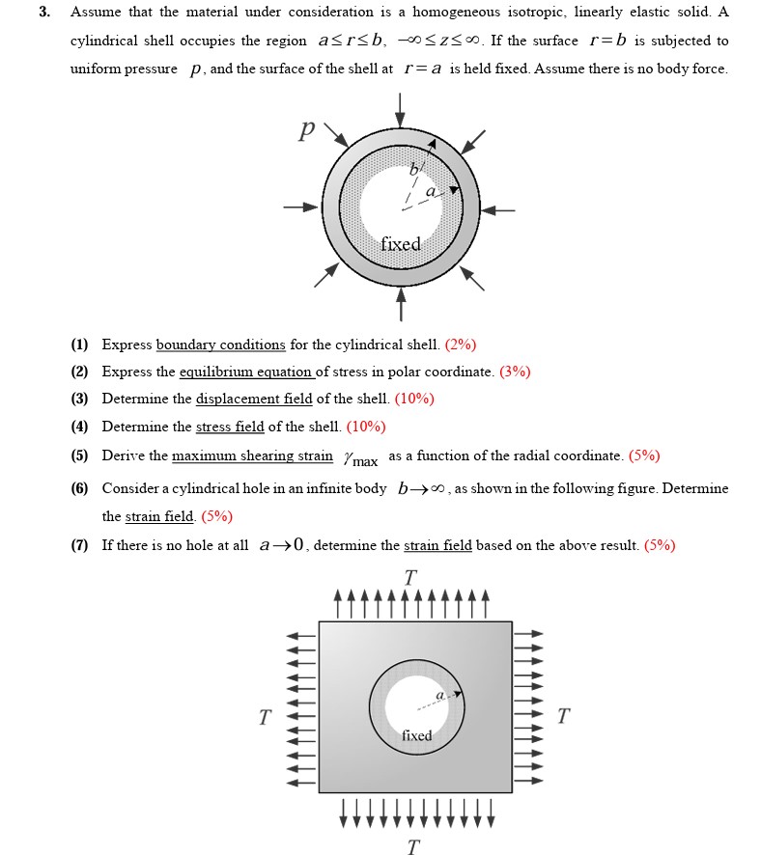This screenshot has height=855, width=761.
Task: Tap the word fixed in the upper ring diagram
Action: point(400,244)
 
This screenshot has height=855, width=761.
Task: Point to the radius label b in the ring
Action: point(414,171)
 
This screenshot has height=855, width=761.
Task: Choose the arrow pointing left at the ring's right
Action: point(499,208)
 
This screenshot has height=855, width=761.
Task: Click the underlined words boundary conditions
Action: point(220,345)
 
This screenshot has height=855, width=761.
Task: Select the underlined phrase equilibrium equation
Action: point(246,372)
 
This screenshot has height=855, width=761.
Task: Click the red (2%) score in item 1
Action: point(461,345)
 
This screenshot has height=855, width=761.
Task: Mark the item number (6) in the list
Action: point(79,488)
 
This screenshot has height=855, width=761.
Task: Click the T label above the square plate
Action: point(410,577)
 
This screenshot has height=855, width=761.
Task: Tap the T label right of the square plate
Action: point(563,716)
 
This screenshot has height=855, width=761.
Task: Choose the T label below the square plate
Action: point(413,846)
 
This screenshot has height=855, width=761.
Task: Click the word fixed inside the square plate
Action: point(416,735)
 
